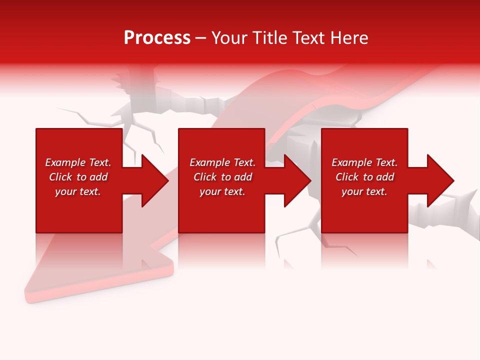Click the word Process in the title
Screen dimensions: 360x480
[x=157, y=38]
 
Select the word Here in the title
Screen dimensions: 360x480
[x=349, y=38]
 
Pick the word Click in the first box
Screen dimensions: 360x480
[x=60, y=177]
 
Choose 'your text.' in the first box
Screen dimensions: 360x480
[x=78, y=191]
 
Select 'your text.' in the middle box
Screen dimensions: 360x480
[x=222, y=191]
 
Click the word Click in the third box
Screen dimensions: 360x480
[x=347, y=177]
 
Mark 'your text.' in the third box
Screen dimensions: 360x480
[x=364, y=191]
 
